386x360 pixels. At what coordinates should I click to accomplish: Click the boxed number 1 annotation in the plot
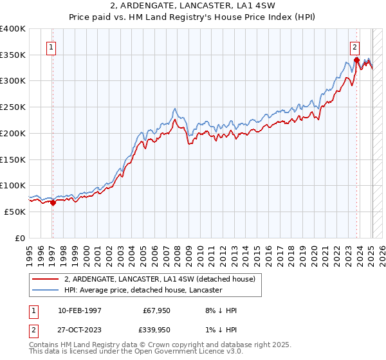51,46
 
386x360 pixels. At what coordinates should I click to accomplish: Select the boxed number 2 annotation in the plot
354,46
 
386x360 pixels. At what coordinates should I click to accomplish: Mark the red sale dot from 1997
53,203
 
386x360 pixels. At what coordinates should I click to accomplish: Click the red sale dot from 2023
356,60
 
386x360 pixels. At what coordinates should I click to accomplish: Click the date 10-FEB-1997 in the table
79,310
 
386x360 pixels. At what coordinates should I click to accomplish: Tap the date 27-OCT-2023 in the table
79,330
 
